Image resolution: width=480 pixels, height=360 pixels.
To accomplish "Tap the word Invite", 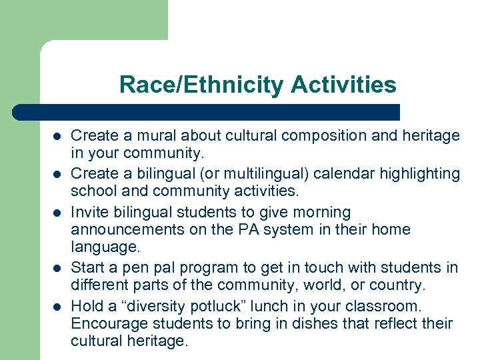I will click(89, 212).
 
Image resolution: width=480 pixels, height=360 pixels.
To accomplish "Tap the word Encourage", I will click(107, 323).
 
